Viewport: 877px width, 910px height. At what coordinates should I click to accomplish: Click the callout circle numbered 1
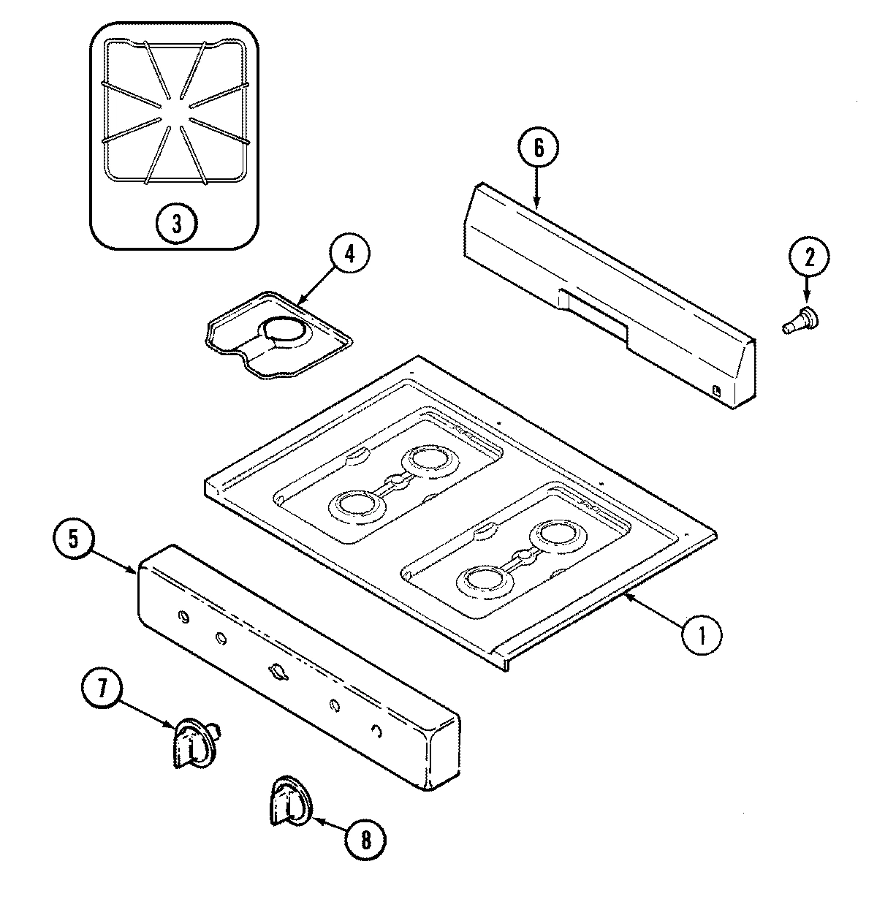(x=701, y=634)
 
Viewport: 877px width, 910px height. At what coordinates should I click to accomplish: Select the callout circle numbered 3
(x=176, y=223)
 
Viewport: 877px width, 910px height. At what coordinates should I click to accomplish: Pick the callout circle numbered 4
(x=349, y=255)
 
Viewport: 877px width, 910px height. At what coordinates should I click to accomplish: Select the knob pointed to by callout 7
(x=191, y=742)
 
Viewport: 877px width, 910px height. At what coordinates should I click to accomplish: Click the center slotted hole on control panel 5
(x=276, y=670)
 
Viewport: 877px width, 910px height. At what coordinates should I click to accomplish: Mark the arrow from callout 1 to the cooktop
(x=653, y=614)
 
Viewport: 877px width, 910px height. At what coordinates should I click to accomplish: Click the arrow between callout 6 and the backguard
(x=537, y=190)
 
